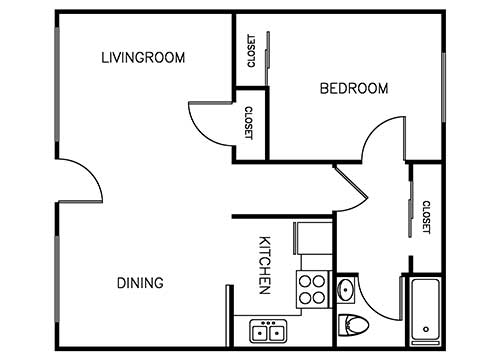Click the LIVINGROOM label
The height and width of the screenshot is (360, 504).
143,57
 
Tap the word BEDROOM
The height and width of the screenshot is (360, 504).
353,89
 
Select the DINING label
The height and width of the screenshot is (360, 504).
139,283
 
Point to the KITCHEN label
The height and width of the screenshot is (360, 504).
265,265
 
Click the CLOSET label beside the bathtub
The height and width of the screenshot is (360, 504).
425,218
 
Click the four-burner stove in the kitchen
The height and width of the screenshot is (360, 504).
312,289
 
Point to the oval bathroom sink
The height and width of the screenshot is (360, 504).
346,291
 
